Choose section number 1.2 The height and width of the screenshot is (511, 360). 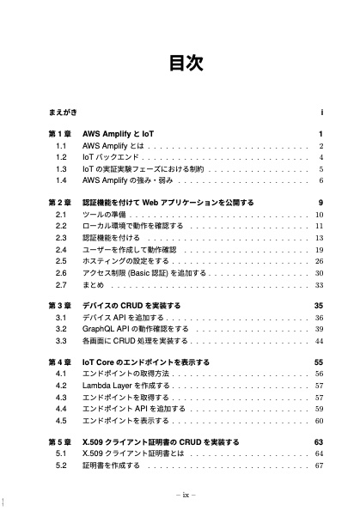click(61, 158)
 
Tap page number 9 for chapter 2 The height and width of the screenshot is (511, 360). click(319, 203)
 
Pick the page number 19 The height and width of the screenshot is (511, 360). click(318, 249)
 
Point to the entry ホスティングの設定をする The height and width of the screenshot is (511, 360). click(125, 260)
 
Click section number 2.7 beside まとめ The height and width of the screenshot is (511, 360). click(61, 283)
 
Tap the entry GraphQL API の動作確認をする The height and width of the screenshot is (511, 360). click(136, 329)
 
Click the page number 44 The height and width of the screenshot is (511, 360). click(318, 340)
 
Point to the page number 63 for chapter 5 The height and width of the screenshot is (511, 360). click(317, 442)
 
